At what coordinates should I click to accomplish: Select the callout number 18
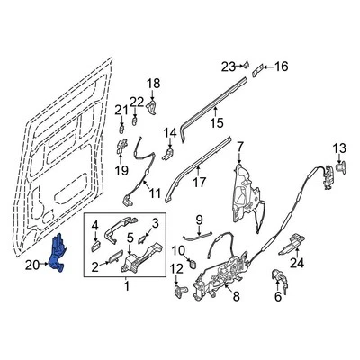[152, 84]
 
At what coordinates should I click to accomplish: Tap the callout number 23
[227, 65]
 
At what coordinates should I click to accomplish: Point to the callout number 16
[280, 66]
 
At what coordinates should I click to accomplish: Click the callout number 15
[216, 123]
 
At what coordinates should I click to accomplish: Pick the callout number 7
[240, 145]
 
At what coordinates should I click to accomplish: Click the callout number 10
[177, 249]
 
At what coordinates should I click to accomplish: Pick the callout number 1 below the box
[126, 311]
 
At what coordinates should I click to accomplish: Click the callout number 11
[154, 193]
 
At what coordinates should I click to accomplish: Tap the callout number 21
[118, 110]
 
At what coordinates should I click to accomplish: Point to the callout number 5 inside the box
[130, 238]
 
